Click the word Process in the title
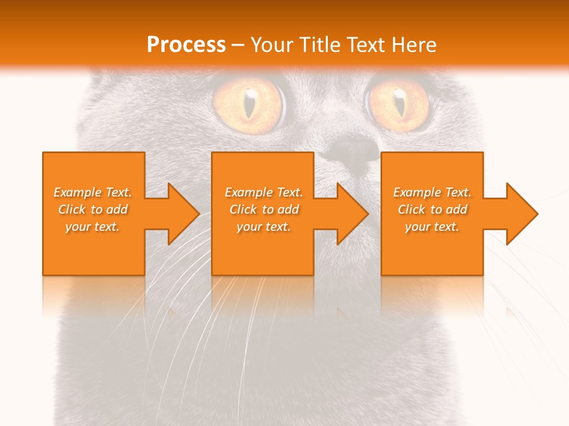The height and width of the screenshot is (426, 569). tap(186, 45)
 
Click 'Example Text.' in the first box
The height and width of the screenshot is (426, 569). tap(93, 192)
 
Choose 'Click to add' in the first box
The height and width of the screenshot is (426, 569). tap(93, 209)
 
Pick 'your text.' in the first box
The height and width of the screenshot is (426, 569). tap(93, 227)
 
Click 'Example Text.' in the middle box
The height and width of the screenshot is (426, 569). tap(264, 192)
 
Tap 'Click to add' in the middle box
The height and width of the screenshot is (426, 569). tap(264, 209)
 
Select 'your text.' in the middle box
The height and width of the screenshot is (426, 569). tap(264, 227)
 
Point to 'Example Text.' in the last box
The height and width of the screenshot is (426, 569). tap(432, 192)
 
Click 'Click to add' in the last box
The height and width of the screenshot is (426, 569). tap(432, 209)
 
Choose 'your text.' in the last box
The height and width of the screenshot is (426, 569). tap(432, 227)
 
